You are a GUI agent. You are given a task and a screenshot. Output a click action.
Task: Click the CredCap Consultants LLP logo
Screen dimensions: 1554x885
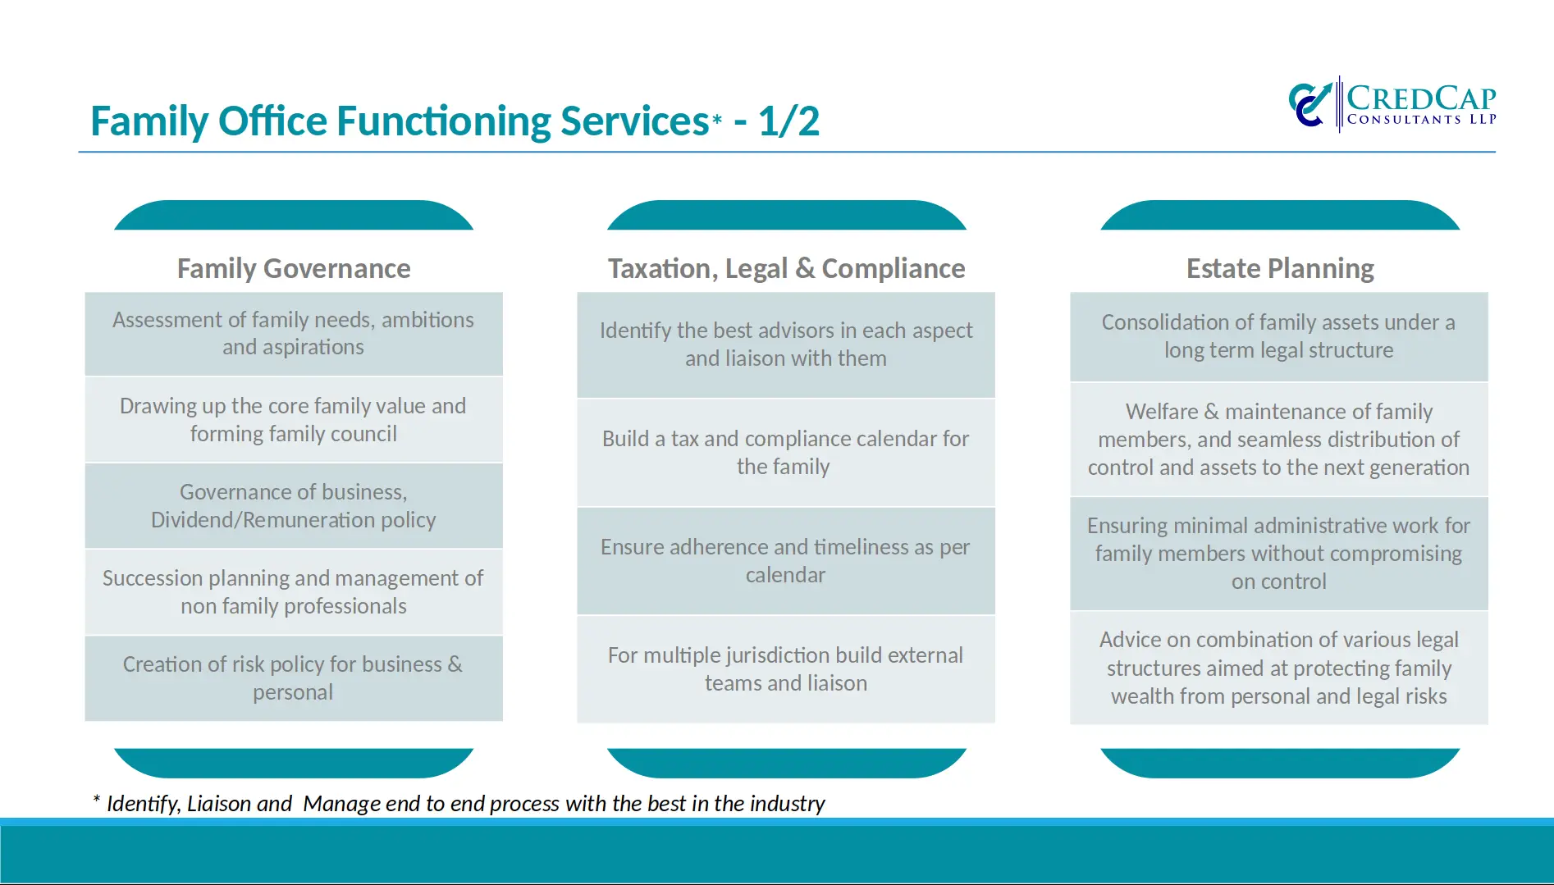(x=1392, y=104)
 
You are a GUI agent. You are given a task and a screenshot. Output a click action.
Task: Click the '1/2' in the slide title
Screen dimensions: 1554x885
(x=788, y=121)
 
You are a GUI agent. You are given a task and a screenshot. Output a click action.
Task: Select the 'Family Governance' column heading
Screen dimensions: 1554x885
(x=294, y=268)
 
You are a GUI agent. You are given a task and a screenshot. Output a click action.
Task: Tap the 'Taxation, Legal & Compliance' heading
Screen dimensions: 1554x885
(x=786, y=268)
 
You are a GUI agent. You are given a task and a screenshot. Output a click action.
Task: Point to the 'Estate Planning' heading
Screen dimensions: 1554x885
(x=1280, y=268)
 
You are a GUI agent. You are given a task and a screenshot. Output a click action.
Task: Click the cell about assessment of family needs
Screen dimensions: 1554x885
(x=294, y=334)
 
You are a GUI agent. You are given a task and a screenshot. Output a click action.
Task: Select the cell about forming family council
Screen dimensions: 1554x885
(x=294, y=420)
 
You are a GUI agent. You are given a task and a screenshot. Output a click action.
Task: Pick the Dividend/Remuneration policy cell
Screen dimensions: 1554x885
(x=294, y=506)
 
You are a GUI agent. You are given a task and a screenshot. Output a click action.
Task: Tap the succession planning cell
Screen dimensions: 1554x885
(x=294, y=592)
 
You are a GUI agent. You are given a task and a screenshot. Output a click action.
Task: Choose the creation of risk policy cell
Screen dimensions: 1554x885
(x=294, y=678)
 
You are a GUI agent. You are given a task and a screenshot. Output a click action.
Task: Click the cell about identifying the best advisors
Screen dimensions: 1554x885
(x=786, y=344)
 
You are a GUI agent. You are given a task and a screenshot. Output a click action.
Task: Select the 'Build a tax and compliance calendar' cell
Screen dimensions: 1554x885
(x=786, y=453)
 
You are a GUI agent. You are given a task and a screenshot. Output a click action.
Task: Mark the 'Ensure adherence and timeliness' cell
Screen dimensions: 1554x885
(x=786, y=561)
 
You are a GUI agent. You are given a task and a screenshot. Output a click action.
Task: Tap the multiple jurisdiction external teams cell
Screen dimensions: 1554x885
(x=786, y=669)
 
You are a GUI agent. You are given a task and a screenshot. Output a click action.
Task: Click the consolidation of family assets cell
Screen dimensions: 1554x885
(x=1279, y=336)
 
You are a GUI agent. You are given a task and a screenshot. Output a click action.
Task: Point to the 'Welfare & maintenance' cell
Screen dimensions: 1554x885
(x=1279, y=440)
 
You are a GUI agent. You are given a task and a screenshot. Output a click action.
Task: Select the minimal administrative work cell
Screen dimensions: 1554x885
(x=1279, y=554)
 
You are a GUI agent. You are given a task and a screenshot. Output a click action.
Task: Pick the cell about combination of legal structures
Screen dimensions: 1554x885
(x=1279, y=668)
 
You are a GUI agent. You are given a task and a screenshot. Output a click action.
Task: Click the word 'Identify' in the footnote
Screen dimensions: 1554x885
(x=143, y=804)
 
